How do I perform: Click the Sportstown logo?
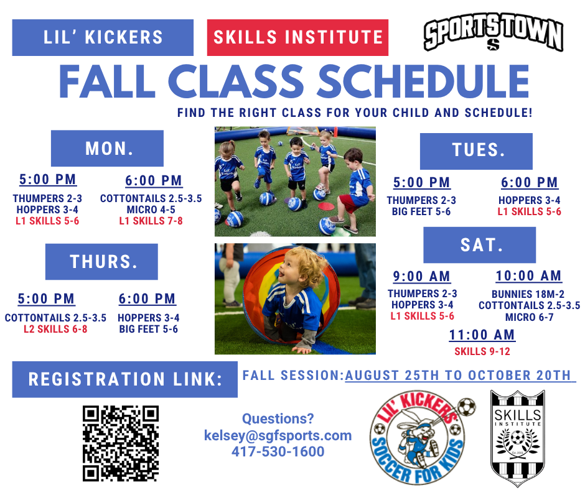[494, 36]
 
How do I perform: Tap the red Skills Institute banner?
[297, 38]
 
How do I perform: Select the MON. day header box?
[107, 148]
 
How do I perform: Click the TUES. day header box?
[476, 151]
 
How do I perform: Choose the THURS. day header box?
[101, 261]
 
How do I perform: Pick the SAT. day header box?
[479, 245]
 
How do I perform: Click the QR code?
[121, 443]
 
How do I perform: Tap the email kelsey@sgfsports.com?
[278, 435]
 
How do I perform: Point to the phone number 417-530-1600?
[278, 451]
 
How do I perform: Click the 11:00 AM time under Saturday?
[482, 335]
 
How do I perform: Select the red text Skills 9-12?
[482, 351]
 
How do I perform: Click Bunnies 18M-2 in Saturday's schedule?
[528, 294]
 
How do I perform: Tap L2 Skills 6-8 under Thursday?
[55, 329]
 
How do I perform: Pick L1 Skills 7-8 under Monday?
[151, 221]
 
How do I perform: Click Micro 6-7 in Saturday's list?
[530, 317]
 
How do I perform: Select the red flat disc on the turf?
[325, 206]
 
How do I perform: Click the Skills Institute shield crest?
[517, 438]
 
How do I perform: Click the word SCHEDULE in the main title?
[423, 81]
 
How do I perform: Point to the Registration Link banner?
[124, 379]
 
